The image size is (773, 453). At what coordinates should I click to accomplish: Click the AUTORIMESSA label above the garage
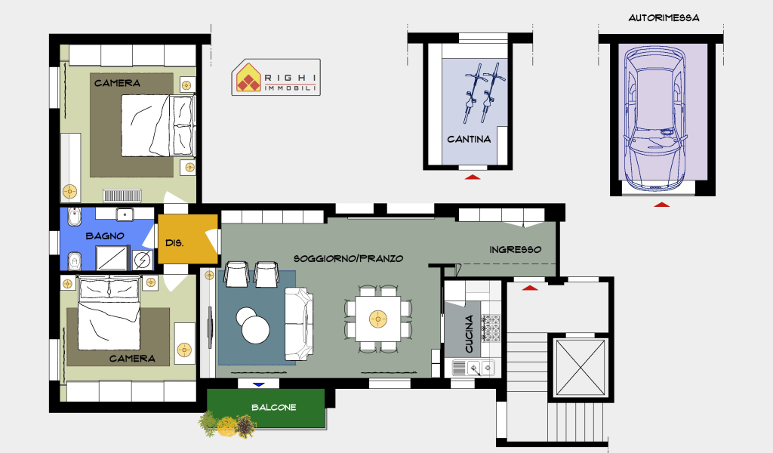[x=664, y=18]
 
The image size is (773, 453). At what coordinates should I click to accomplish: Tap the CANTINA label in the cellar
[x=469, y=139]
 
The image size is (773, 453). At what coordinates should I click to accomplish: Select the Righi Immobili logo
[x=276, y=78]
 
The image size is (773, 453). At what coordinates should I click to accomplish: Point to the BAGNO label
[x=105, y=236]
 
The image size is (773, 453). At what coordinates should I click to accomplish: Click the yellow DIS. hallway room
[x=188, y=239]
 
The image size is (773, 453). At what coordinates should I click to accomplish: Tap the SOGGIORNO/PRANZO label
[x=349, y=258]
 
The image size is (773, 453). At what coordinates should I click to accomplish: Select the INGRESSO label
[x=515, y=249]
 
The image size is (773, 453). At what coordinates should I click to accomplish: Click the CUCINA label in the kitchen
[x=469, y=334]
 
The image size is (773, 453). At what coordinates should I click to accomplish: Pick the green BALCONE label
[x=273, y=407]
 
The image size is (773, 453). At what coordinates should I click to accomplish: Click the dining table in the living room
[x=378, y=319]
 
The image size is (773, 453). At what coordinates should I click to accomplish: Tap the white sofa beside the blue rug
[x=299, y=323]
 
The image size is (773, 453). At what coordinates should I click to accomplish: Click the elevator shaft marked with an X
[x=580, y=368]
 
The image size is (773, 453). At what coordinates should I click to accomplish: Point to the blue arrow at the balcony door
[x=258, y=384]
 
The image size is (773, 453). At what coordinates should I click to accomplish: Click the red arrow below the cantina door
[x=473, y=177]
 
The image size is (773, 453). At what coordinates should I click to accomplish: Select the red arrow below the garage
[x=661, y=205]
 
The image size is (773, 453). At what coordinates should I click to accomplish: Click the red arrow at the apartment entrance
[x=529, y=288]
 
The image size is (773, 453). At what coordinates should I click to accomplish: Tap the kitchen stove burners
[x=491, y=328]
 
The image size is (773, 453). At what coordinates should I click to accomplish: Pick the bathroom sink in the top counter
[x=125, y=214]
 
